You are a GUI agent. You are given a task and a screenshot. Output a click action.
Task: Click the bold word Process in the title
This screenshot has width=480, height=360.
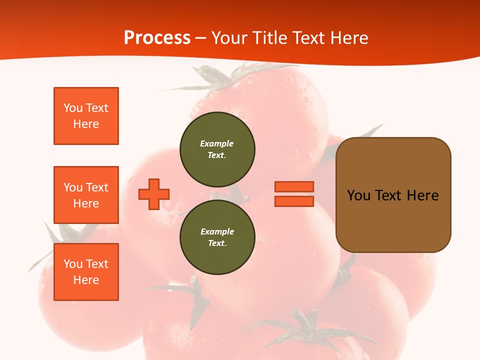(157, 37)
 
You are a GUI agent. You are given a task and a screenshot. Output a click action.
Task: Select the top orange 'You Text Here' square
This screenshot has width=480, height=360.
(86, 116)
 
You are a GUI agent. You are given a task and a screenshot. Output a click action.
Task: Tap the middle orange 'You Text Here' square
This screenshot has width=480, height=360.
(86, 195)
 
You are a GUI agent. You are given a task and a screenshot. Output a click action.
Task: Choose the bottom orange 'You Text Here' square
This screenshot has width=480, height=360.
(86, 272)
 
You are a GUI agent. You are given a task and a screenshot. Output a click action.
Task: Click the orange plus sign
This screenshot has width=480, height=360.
(154, 194)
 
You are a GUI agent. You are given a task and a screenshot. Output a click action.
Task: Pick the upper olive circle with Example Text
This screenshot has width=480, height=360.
(217, 149)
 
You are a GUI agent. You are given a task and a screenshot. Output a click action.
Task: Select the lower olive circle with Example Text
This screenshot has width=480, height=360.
(217, 237)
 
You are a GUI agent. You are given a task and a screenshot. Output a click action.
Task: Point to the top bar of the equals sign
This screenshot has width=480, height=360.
(294, 186)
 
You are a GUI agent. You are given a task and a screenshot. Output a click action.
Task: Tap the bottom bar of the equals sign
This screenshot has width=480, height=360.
(294, 201)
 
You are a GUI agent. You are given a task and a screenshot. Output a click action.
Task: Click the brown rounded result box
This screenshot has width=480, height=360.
(393, 220)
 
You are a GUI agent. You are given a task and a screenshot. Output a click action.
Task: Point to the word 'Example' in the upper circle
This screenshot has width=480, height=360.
(217, 143)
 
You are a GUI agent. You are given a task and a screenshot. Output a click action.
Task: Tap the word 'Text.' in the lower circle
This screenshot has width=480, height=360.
(217, 243)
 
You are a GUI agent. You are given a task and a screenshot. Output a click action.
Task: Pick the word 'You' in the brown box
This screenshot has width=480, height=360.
(358, 195)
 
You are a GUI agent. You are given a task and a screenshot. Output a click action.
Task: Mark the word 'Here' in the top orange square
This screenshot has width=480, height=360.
(86, 124)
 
